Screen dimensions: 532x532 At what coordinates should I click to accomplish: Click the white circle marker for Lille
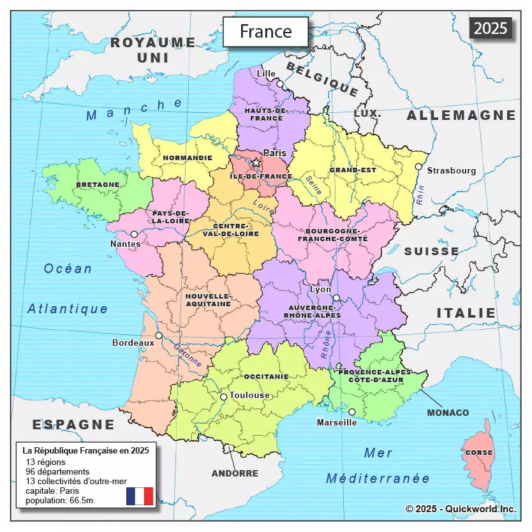point(279,84)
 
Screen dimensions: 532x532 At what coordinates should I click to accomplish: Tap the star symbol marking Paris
point(256,163)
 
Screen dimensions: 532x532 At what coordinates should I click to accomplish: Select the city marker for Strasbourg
point(418,166)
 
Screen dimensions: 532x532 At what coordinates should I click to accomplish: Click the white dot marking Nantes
point(134,234)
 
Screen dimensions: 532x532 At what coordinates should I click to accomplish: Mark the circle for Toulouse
point(223,397)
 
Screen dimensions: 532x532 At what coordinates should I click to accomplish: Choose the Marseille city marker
point(351,412)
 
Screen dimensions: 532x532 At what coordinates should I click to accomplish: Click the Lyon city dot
point(336,298)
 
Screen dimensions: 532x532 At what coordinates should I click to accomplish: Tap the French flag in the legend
point(140,496)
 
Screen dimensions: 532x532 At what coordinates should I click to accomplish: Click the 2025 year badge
point(491,28)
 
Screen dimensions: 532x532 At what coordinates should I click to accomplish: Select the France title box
point(265,31)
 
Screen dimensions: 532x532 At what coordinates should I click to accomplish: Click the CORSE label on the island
point(478,452)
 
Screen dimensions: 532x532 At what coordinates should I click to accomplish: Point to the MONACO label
point(448,413)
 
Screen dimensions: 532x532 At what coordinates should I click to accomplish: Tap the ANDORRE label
point(235,473)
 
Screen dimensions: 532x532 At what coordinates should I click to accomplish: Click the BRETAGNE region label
point(98,184)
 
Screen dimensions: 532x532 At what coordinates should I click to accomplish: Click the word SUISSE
point(431,251)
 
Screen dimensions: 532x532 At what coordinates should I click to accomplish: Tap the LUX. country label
point(367,113)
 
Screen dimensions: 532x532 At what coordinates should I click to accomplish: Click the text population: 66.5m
point(59,501)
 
